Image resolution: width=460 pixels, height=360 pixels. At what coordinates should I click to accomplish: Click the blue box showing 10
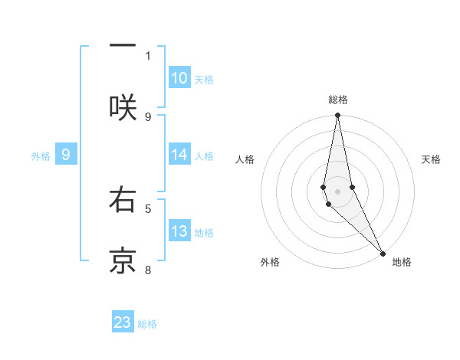(x=179, y=78)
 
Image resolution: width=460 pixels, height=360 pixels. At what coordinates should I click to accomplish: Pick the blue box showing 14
(x=179, y=155)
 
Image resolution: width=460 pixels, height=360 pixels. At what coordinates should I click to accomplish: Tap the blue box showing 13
(x=179, y=231)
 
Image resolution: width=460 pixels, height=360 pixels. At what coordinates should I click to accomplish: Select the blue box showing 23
(x=123, y=322)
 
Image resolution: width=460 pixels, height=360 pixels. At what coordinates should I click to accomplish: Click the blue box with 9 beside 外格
(x=66, y=155)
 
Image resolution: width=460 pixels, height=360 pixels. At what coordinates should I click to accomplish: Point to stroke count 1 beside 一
(x=148, y=55)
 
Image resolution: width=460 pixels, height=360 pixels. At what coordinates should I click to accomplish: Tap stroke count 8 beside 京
(x=148, y=270)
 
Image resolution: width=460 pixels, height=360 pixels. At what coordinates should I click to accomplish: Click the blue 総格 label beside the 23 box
(x=147, y=324)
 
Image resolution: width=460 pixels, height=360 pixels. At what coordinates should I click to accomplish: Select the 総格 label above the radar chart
(x=338, y=100)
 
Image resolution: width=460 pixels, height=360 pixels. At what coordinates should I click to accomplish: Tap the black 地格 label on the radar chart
(x=402, y=262)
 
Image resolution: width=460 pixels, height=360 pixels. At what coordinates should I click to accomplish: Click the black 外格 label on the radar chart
(x=270, y=262)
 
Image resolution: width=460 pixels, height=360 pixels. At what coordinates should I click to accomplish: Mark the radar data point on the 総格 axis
(x=337, y=116)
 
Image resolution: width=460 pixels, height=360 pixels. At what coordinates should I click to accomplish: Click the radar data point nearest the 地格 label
(x=383, y=252)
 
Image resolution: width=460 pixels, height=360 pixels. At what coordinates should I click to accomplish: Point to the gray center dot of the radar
(x=337, y=191)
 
